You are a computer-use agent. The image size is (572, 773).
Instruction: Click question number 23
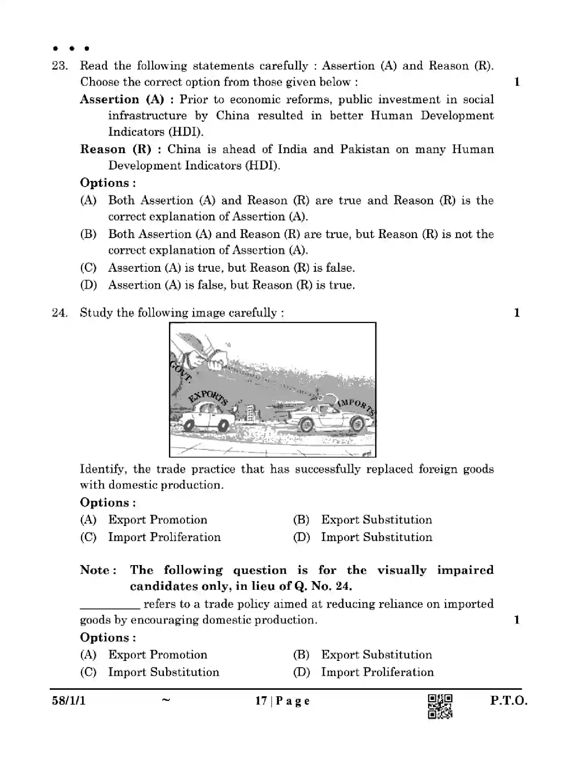(60, 66)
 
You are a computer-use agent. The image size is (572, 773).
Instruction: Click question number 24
(60, 313)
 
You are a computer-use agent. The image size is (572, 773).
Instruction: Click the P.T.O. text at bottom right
(509, 700)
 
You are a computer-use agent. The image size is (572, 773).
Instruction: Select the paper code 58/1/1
(69, 700)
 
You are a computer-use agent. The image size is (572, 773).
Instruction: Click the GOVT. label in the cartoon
(180, 370)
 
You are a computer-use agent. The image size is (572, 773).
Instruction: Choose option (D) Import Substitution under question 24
(376, 537)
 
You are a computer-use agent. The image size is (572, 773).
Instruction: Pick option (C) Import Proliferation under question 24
(164, 537)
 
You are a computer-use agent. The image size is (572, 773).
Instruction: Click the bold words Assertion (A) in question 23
(122, 100)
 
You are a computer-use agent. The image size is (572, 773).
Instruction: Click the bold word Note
(97, 570)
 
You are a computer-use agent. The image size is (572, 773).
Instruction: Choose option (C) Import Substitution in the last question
(163, 672)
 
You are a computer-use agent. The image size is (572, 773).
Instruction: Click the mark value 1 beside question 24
(517, 313)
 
